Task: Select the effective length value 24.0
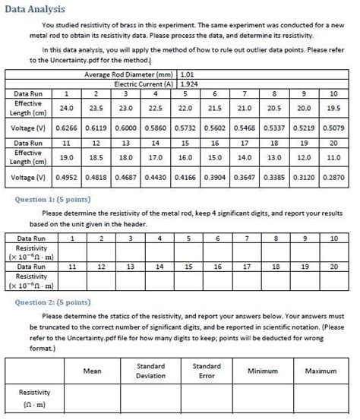tap(67, 109)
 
